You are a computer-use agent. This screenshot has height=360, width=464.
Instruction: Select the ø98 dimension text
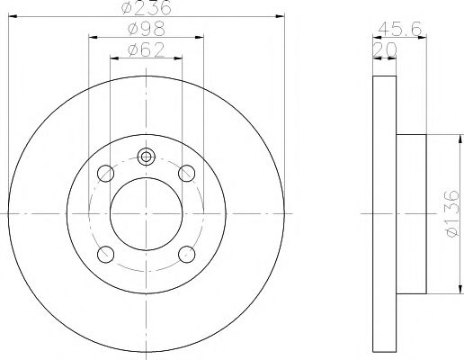coord(146,30)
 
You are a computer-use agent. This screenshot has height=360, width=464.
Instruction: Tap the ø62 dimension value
coord(146,50)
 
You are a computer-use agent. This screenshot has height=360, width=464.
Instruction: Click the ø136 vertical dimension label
coord(452,213)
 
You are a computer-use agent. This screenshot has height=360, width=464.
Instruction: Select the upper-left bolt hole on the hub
coord(105,173)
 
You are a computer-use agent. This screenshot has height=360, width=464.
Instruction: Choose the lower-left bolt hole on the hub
coord(105,254)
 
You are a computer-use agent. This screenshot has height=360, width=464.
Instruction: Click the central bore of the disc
coord(146,213)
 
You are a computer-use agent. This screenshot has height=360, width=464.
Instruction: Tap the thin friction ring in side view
coord(383,213)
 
